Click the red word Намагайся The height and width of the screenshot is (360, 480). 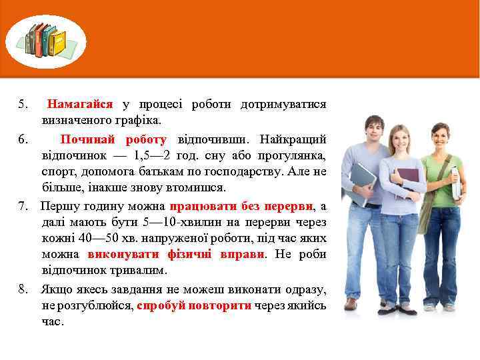[80, 105]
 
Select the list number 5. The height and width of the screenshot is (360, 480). [23, 105]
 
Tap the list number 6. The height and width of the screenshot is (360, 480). [23, 139]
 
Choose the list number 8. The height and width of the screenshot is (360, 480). [23, 290]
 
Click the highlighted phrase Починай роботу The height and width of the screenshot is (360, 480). [113, 139]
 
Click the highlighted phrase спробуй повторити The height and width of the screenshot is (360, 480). [194, 306]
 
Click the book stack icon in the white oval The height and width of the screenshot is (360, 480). [46, 40]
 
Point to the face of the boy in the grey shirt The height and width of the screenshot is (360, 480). [374, 128]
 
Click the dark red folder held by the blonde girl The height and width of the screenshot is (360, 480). [407, 182]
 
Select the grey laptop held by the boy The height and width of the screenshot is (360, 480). [363, 183]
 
